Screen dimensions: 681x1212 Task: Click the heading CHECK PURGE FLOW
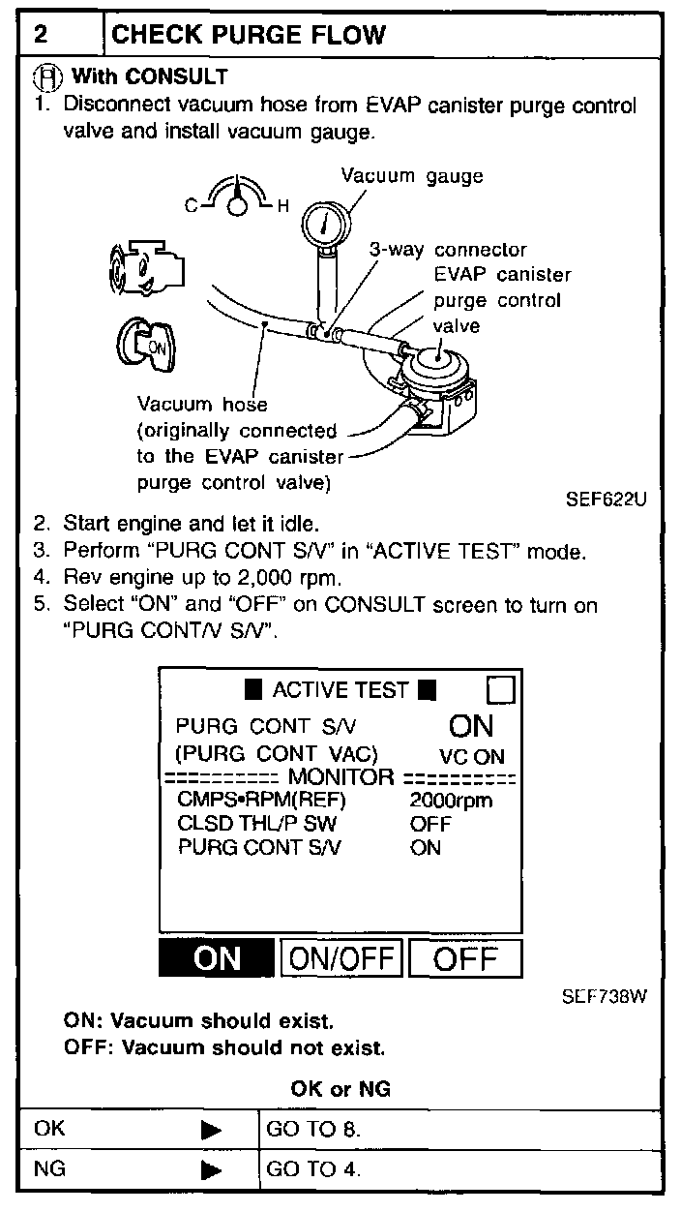click(x=249, y=35)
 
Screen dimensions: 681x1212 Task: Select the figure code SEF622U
click(x=606, y=500)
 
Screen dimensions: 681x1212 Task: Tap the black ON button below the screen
click(x=216, y=958)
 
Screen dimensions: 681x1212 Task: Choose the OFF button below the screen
click(x=465, y=958)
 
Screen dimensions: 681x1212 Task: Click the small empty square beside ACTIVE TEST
click(x=501, y=690)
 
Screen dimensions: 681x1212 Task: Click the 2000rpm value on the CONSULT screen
click(x=451, y=801)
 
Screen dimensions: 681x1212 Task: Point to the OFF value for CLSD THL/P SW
click(x=430, y=824)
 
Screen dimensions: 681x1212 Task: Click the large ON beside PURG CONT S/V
click(x=471, y=726)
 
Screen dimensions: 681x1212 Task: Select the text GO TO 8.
click(x=313, y=1129)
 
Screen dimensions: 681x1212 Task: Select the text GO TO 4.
click(x=313, y=1168)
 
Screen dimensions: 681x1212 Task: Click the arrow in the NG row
click(x=211, y=1169)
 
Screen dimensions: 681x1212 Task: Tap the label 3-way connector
click(x=448, y=250)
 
